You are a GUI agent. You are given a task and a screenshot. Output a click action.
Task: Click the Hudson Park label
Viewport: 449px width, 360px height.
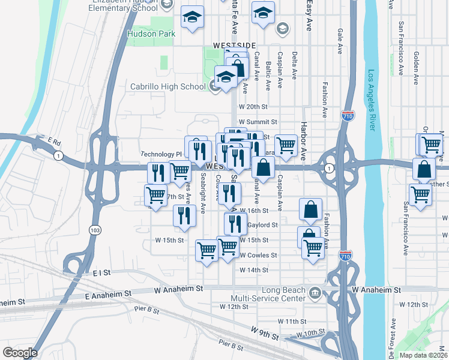(151, 34)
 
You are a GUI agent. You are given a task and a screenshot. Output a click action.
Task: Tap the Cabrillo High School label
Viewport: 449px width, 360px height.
(168, 86)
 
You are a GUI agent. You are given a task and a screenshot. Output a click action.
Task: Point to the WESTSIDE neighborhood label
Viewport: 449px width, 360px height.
(234, 46)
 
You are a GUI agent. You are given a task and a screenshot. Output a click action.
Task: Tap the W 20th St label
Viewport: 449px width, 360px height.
(253, 106)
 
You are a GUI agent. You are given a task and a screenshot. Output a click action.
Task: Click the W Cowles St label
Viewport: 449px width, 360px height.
(258, 255)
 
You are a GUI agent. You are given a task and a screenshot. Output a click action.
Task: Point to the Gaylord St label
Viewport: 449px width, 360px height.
(262, 225)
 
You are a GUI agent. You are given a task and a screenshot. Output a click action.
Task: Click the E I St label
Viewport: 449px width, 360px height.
(102, 272)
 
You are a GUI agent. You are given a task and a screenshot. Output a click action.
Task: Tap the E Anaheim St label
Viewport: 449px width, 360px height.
(108, 295)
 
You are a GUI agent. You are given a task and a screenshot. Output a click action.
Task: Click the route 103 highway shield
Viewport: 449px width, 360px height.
(94, 230)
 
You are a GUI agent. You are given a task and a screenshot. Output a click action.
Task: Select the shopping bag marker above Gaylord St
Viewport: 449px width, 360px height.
(311, 210)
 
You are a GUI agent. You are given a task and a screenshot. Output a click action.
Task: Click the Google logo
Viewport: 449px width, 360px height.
(20, 353)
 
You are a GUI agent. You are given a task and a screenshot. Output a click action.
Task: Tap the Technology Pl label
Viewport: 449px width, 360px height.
(161, 154)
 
